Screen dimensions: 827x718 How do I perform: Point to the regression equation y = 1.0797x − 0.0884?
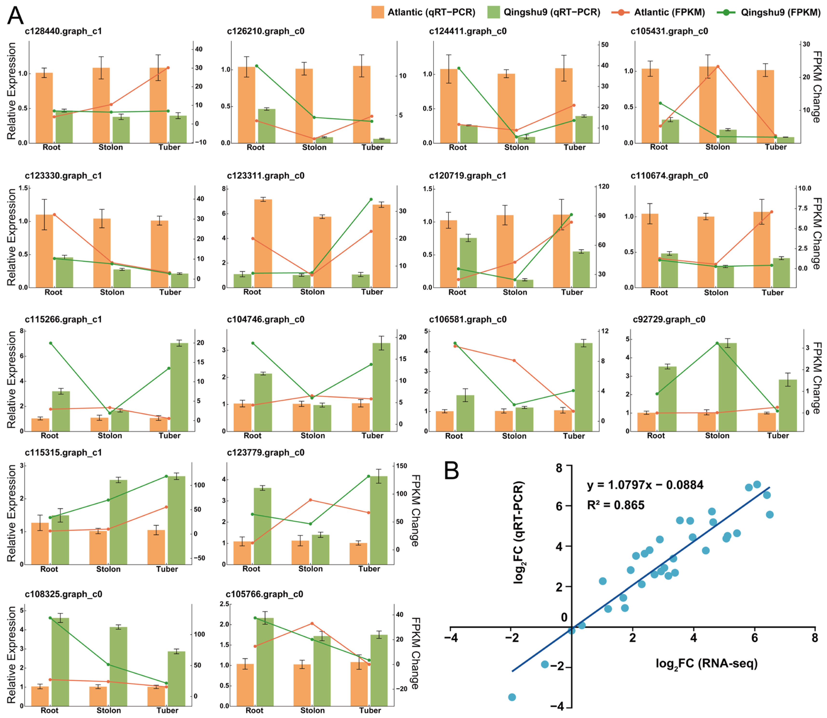click(x=645, y=485)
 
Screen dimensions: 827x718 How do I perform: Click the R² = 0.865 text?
click(x=616, y=505)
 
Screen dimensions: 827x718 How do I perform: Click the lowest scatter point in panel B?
click(x=512, y=697)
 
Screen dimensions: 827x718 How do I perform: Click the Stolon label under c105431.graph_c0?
click(x=718, y=147)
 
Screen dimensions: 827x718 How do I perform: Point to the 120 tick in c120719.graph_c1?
click(x=603, y=186)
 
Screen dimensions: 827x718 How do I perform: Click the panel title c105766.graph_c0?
click(x=264, y=594)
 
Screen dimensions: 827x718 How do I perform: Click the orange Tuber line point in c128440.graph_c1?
click(x=168, y=68)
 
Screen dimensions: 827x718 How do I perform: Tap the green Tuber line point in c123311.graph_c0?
click(x=371, y=199)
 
